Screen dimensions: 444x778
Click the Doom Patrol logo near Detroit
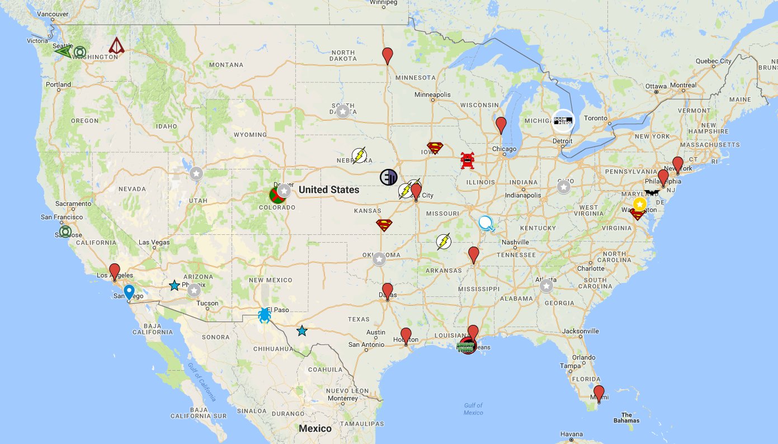point(563,121)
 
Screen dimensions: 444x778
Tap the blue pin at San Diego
point(129,292)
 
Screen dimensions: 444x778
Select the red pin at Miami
point(599,393)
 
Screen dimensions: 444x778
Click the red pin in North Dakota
point(388,55)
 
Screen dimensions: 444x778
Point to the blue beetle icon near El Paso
point(265,315)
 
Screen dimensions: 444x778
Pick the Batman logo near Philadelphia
point(652,192)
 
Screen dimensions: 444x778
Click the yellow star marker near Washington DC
point(639,204)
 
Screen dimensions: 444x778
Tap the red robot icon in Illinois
point(468,160)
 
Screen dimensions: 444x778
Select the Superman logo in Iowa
point(435,148)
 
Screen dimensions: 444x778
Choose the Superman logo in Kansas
point(384,225)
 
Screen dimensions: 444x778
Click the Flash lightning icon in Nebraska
point(359,155)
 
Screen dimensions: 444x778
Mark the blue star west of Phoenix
point(175,285)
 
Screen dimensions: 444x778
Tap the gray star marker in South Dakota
point(343,111)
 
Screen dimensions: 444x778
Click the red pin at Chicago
point(501,125)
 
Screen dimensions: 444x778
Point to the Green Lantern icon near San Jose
point(66,232)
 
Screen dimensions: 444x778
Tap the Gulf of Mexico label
point(473,409)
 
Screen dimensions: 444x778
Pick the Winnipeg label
point(383,3)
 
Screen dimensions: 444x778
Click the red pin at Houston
point(406,335)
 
